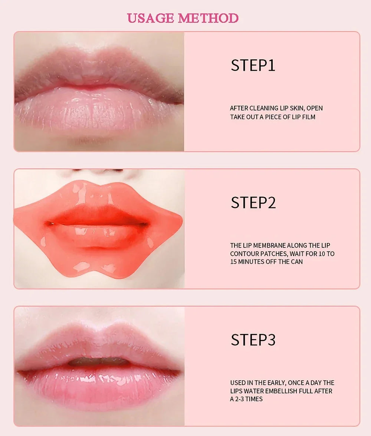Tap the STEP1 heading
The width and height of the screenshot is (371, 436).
coord(253,65)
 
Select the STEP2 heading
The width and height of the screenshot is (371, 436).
coord(253,203)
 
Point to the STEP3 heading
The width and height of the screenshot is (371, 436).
coord(253,340)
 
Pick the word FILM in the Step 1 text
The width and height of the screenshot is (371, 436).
coord(308,117)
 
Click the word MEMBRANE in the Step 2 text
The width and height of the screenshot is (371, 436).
coord(270,245)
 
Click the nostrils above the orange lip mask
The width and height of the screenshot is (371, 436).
coord(98,171)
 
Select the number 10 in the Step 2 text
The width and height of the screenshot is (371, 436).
coord(318,254)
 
